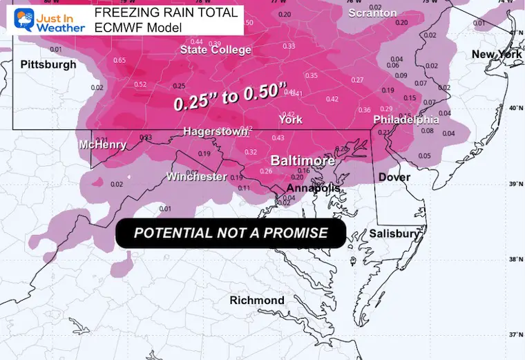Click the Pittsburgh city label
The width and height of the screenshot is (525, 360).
pos(48,64)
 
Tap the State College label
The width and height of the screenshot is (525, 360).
pos(216,50)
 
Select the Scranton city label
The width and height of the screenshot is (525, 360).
pos(373,13)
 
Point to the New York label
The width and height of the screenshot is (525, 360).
pos(496,54)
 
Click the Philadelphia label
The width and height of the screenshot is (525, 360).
pos(406,120)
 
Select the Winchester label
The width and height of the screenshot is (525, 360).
pos(196,177)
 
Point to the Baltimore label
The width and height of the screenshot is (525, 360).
pos(303,160)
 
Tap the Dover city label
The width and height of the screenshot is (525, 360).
pos(394,178)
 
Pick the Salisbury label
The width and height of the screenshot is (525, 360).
pos(394,234)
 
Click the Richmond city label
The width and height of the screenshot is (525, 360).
pos(257,300)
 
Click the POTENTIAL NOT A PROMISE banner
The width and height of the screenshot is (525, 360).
pos(231,233)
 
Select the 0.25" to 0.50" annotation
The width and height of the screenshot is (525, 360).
pos(230,97)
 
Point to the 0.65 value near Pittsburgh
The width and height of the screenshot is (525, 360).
pos(120,60)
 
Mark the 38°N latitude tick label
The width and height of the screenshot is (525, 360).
pos(512,260)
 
